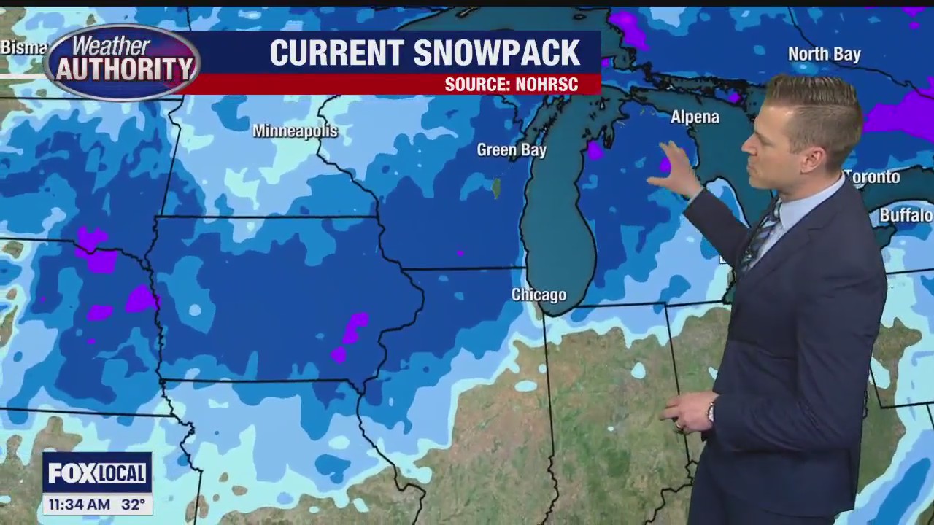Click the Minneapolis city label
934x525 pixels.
click(x=295, y=131)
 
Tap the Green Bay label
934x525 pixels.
click(x=511, y=150)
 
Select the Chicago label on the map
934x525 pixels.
click(x=539, y=295)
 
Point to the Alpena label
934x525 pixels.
click(x=695, y=117)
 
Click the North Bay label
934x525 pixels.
click(x=824, y=54)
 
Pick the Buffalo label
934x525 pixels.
click(x=906, y=215)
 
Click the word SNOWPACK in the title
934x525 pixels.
click(x=496, y=53)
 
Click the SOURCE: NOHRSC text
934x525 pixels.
click(x=511, y=85)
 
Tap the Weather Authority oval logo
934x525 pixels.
click(x=121, y=63)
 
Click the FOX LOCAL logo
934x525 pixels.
click(x=97, y=473)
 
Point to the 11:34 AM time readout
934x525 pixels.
click(x=79, y=504)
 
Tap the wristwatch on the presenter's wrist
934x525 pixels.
click(x=710, y=413)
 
